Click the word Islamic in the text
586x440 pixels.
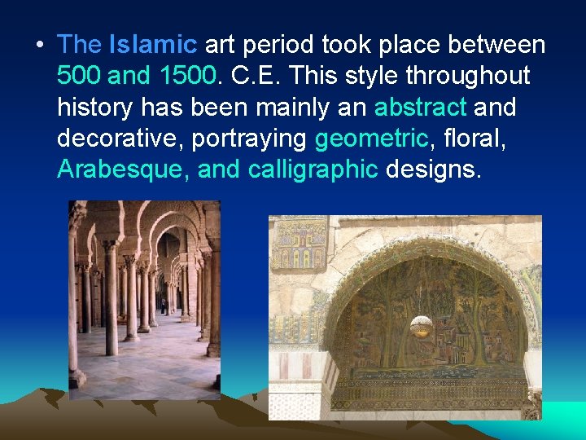pyautogui.click(x=153, y=45)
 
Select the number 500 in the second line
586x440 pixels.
pyautogui.click(x=79, y=76)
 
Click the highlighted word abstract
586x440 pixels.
pyautogui.click(x=420, y=107)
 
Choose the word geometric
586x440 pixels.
pyautogui.click(x=371, y=138)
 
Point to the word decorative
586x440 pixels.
pyautogui.click(x=120, y=138)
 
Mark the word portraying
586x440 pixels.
pyautogui.click(x=249, y=138)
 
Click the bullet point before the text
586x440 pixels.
pyautogui.click(x=41, y=46)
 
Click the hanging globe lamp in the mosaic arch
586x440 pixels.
pyautogui.click(x=421, y=326)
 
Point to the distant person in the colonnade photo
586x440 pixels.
pyautogui.click(x=164, y=306)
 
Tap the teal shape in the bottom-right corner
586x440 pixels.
pyautogui.click(x=562, y=420)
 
